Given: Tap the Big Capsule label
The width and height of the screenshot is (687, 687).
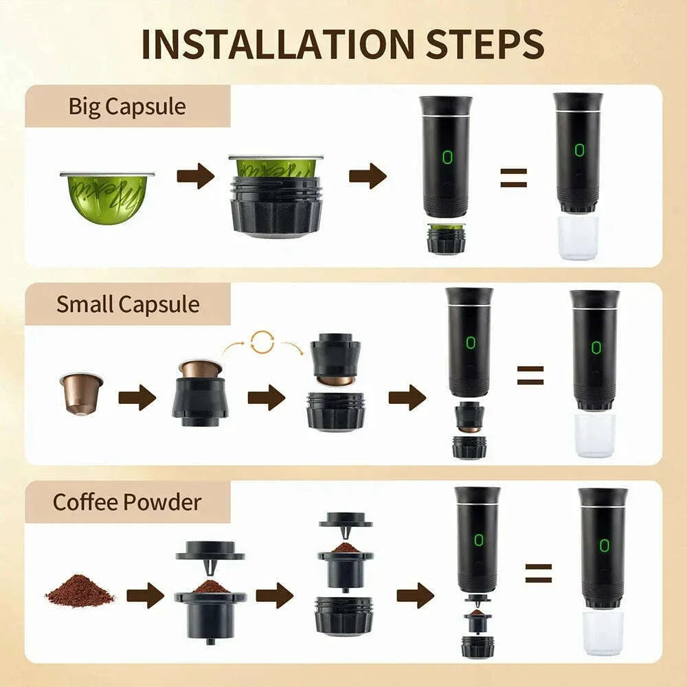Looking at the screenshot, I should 127,106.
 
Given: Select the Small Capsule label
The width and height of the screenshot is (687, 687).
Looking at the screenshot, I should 128,304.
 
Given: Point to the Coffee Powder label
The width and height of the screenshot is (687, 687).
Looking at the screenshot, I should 127,502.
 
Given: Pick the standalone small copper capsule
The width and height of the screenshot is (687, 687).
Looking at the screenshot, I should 81,393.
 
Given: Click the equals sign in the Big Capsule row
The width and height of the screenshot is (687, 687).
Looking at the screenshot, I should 513,177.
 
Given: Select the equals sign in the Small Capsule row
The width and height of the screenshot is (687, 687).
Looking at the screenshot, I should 530,375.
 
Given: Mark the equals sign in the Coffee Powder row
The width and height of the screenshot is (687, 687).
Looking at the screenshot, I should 538,573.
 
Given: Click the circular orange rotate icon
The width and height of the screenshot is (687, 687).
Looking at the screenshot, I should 262,342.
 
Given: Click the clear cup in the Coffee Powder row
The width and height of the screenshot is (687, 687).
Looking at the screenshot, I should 602,632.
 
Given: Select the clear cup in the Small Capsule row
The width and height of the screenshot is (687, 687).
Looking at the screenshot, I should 594,434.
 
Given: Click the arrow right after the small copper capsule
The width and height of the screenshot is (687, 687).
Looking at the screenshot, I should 137,398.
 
